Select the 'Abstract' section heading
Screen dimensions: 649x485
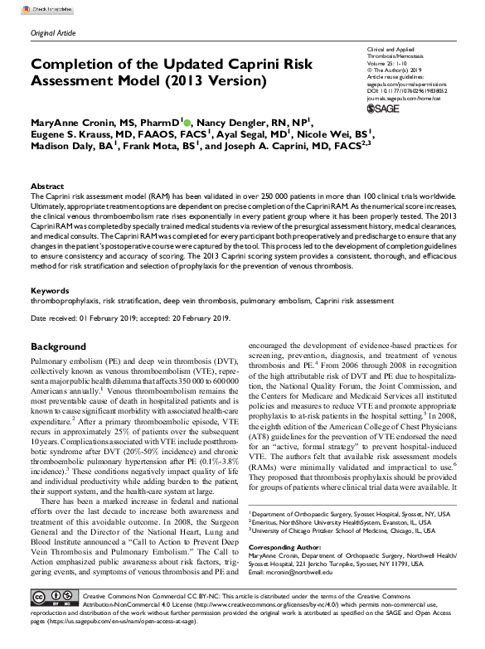coord(47,186)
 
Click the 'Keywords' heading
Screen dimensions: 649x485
coord(49,291)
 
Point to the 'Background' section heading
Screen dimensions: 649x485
coord(63,346)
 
